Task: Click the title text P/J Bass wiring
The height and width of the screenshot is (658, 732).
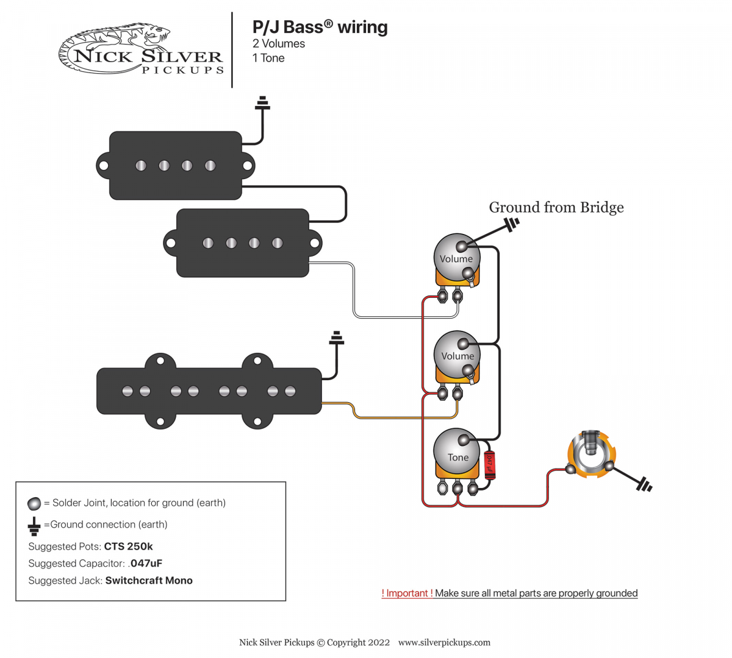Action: coord(320,27)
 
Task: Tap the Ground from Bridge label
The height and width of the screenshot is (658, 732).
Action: coord(556,207)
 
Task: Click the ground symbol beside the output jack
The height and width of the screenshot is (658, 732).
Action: coord(643,485)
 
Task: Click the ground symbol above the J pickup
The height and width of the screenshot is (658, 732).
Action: coord(336,338)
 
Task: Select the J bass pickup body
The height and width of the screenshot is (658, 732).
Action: coord(209,391)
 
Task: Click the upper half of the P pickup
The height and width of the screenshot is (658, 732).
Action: coord(176,166)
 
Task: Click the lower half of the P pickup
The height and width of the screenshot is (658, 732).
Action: coord(242,243)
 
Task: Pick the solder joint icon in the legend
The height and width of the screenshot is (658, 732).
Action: coord(34,503)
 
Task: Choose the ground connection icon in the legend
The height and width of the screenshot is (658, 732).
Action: coord(34,525)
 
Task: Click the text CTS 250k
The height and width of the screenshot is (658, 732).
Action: coord(128,547)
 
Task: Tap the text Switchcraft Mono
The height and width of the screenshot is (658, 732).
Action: coord(149,581)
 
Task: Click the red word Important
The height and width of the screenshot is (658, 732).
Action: coord(407,593)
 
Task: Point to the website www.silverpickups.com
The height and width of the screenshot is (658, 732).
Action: coord(444,642)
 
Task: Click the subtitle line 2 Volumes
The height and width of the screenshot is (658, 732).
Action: coord(279,44)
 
